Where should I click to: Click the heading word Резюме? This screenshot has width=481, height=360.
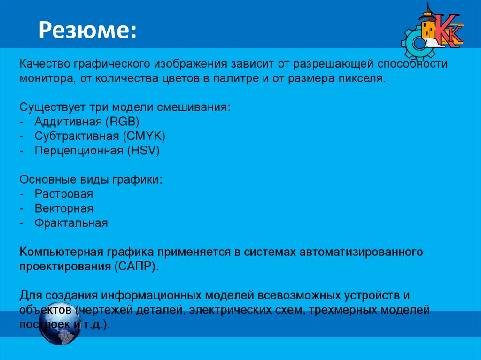(x=87, y=30)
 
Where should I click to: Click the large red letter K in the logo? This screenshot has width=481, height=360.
(x=443, y=31)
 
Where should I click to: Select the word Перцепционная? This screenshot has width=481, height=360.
(x=78, y=151)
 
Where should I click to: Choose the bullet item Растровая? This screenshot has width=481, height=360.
(x=63, y=194)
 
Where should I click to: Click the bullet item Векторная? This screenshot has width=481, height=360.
(x=64, y=208)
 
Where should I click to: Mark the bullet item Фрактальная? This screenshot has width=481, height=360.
(x=71, y=223)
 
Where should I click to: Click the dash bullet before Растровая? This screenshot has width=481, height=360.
(x=22, y=194)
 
